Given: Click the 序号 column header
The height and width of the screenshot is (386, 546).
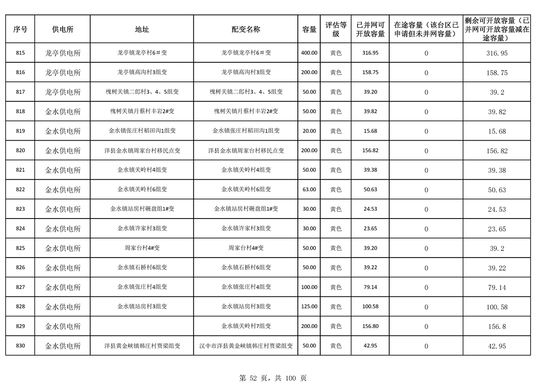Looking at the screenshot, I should (x=20, y=29).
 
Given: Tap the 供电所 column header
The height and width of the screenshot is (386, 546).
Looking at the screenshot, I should (x=63, y=29).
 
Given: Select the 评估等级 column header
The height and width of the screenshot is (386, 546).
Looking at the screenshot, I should (x=336, y=29).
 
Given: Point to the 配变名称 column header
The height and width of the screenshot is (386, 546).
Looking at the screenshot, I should (x=246, y=29).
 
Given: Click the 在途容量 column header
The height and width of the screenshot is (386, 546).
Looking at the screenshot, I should (x=426, y=29).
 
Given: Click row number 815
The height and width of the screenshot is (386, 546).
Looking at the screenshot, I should (x=20, y=53).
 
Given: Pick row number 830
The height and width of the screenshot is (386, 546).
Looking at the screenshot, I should (x=20, y=346).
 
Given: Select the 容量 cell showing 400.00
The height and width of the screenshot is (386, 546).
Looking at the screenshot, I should (x=309, y=53).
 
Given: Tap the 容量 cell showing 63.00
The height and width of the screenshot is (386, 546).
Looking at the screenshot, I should (x=309, y=189).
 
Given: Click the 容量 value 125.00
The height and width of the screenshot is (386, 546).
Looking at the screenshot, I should (x=309, y=307).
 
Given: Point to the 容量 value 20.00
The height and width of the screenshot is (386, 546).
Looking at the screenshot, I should (x=309, y=131).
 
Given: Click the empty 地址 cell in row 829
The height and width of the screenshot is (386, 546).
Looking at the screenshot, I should (x=142, y=326).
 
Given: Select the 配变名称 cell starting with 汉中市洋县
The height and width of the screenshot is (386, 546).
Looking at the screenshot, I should (x=246, y=346).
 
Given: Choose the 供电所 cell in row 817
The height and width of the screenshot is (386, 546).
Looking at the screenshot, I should (x=63, y=92).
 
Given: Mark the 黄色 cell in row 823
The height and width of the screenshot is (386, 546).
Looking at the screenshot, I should (x=336, y=209).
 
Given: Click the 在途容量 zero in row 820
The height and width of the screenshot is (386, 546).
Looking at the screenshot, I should (x=426, y=151).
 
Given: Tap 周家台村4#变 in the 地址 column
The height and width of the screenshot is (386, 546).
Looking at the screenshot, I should (x=142, y=248).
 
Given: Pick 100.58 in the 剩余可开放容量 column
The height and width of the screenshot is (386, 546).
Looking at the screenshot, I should (x=497, y=307).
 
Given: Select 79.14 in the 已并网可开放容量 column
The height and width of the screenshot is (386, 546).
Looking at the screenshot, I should (x=370, y=287).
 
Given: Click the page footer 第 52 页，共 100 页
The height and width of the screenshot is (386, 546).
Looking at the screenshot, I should (x=273, y=378).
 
